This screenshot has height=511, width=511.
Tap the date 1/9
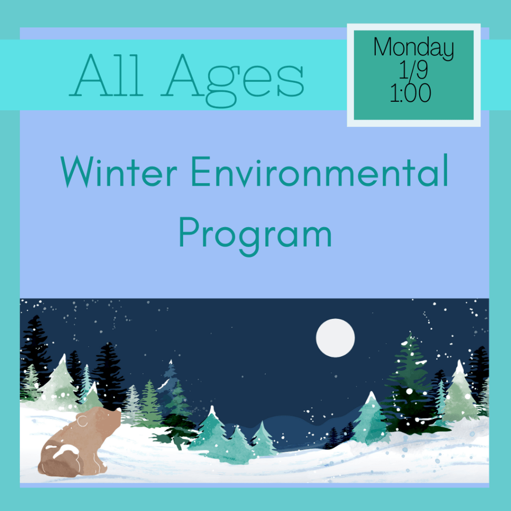click(413, 70)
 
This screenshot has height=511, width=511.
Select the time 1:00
click(411, 93)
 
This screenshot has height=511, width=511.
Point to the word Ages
click(233, 80)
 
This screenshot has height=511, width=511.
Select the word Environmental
click(320, 171)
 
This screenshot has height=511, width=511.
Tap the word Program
click(255, 236)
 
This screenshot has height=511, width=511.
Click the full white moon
click(335, 338)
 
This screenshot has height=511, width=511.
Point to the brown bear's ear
click(83, 421)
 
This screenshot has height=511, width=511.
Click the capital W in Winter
click(75, 172)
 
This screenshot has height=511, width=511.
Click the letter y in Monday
click(448, 51)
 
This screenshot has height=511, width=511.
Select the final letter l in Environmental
click(446, 170)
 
